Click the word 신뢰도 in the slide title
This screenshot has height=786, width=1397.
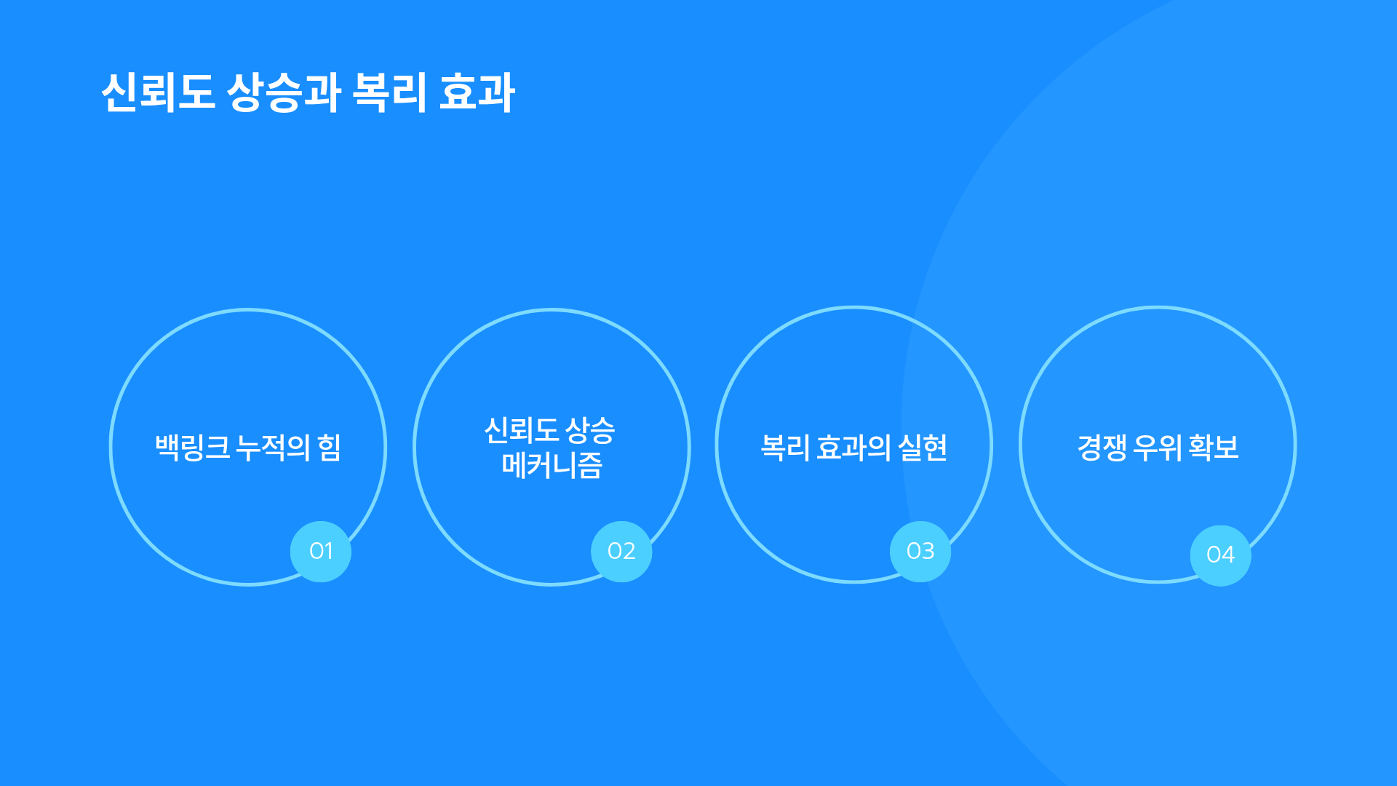[x=158, y=92]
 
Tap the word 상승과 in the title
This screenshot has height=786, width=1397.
[x=284, y=92]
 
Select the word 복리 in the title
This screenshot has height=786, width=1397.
[x=389, y=92]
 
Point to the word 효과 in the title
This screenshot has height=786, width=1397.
[x=477, y=92]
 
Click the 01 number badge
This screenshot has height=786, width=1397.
[x=321, y=551]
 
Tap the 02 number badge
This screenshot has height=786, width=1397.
[x=621, y=551]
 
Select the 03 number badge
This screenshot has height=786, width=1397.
[x=920, y=551]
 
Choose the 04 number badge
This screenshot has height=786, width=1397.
[x=1221, y=555]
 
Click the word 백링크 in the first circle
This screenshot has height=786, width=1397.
[x=193, y=447]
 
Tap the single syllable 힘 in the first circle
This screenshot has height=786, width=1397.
[x=330, y=447]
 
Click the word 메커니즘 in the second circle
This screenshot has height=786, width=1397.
[x=552, y=465]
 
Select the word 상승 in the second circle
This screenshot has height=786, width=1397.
[x=590, y=430]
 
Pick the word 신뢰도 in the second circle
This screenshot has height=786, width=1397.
[x=521, y=430]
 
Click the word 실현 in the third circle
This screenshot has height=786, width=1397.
[x=923, y=447]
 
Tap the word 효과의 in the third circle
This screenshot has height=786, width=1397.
[x=853, y=447]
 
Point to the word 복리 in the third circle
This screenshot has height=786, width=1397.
[x=785, y=447]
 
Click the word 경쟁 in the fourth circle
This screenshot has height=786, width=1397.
[x=1102, y=447]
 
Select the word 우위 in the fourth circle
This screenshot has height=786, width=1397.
[x=1158, y=447]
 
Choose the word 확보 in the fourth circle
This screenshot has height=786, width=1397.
[x=1214, y=447]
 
